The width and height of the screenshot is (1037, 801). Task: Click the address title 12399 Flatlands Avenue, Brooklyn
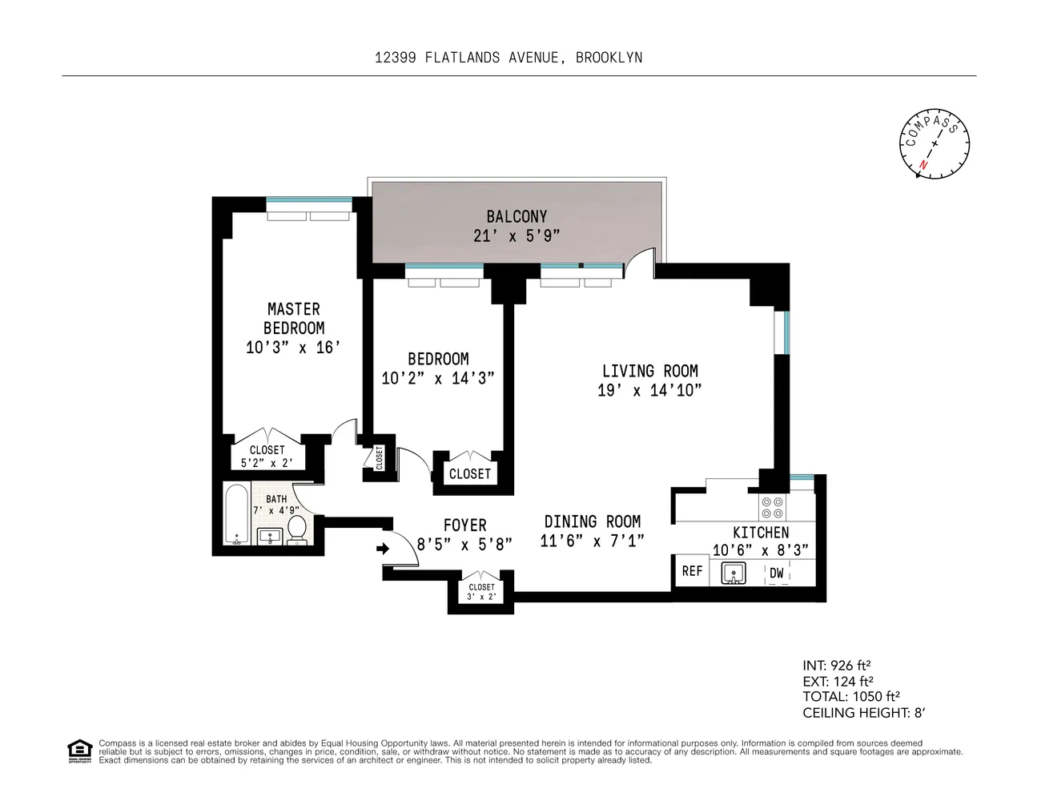coord(508,58)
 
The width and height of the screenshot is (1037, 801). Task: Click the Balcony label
coord(516,216)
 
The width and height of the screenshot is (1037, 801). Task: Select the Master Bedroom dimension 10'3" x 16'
coord(293,348)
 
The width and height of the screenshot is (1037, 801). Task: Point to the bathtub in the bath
coord(237,514)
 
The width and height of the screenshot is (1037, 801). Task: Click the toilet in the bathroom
coord(296,529)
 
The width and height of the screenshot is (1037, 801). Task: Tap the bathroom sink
coord(270,536)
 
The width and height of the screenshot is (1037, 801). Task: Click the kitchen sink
coord(733,573)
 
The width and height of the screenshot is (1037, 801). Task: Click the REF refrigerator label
coord(692,571)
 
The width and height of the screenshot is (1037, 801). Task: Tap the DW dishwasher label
coord(776,573)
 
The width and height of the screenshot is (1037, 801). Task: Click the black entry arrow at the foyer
coord(383,549)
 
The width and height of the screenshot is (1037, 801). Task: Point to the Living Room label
coord(649,371)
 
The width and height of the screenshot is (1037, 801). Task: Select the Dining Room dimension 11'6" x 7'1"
coord(592,541)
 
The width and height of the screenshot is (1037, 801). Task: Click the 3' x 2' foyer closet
coord(481,592)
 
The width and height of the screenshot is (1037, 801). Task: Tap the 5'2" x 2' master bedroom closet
coord(267,457)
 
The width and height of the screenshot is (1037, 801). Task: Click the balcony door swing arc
coord(641,262)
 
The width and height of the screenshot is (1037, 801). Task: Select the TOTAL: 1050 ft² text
coord(853,697)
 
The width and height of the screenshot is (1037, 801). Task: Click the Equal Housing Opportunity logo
coord(79,751)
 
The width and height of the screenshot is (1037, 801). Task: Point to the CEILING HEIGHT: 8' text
coord(863,713)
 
